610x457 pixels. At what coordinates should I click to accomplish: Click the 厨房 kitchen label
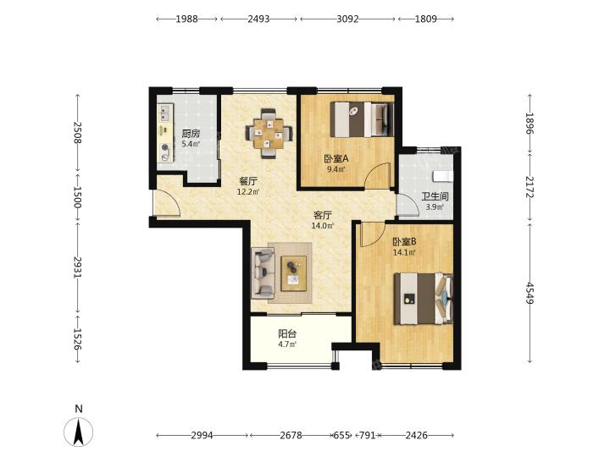coord(191,134)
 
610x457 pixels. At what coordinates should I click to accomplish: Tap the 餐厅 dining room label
coord(248,181)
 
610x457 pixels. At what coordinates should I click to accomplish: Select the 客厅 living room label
coord(323,215)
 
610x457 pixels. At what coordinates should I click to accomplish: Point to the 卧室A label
coord(336,158)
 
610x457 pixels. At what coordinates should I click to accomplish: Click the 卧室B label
coord(404,242)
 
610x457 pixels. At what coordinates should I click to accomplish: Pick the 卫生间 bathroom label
coord(435,196)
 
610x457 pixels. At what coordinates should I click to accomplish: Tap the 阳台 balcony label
coord(287,333)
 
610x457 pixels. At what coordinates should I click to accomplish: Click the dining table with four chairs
coord(269,134)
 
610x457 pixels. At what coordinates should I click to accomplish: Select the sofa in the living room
coord(263,273)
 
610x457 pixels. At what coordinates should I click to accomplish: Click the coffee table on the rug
coord(293,273)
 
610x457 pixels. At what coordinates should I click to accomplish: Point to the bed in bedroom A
coord(362,119)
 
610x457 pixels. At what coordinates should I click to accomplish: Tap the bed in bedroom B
coord(424,299)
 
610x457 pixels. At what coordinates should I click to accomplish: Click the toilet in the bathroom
coord(443,176)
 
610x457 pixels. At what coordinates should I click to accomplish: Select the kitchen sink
coord(165,112)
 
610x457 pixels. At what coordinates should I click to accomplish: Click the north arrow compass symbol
coord(79,432)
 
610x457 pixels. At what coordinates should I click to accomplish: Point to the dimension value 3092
coord(347,19)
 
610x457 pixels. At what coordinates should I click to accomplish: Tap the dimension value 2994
coord(202,435)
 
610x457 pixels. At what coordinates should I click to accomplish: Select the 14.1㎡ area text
coord(405,252)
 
